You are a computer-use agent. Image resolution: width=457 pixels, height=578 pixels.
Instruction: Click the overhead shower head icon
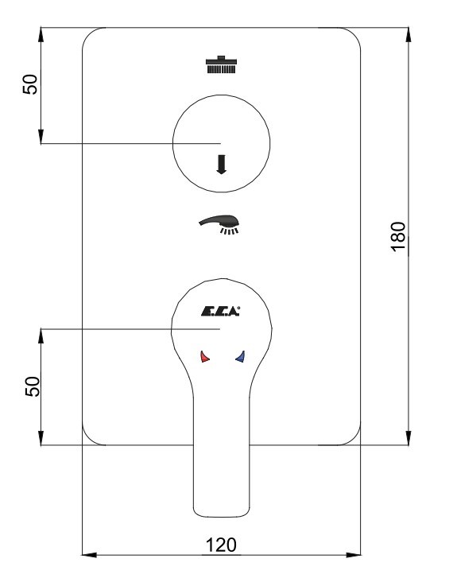coord(221,64)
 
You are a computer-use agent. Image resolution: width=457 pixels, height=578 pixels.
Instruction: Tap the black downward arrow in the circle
coord(221,164)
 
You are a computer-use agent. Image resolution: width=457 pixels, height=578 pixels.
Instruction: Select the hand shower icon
coord(219,224)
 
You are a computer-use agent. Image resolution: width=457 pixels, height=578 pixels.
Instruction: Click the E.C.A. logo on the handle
coord(221,312)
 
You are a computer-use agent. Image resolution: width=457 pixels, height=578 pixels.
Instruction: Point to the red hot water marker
coord(204,356)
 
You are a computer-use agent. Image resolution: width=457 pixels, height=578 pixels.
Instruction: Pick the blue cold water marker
coord(240,356)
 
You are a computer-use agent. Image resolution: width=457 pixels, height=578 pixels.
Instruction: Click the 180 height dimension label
coord(398,237)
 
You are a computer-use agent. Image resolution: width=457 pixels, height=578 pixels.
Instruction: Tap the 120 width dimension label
coord(221,545)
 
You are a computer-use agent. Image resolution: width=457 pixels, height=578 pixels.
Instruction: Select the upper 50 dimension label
coord(30,84)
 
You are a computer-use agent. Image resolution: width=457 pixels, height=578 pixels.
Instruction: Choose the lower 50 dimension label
coord(33,386)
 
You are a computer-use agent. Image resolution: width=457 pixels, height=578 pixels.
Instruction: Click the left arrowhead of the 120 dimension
coord(89,555)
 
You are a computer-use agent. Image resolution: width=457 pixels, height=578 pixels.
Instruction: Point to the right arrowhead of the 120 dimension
coord(353,555)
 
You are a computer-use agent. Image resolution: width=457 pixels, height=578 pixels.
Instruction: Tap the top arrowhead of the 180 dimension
coord(409,35)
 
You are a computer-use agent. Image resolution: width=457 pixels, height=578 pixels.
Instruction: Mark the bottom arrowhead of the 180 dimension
coord(409,437)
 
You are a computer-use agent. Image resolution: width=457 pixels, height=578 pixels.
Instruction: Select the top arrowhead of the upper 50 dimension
coord(41,35)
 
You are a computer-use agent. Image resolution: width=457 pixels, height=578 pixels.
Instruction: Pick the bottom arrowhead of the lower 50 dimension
coord(41,437)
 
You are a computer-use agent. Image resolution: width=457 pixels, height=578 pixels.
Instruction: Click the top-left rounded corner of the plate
coord(89,34)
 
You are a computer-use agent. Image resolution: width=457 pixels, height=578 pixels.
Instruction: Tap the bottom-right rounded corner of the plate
coord(354,438)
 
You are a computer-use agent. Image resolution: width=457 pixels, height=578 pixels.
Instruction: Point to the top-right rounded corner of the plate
coord(354,34)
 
